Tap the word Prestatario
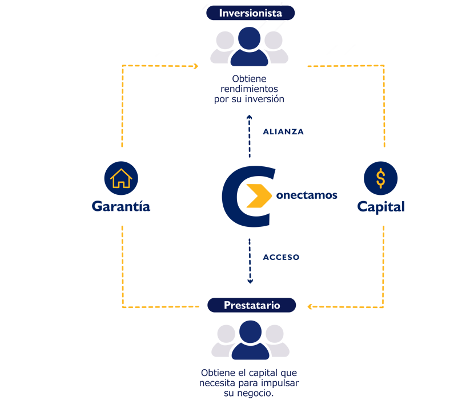(252, 305)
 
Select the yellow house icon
(120, 178)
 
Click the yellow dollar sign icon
(380, 178)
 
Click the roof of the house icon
(120, 173)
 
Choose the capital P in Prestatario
(227, 305)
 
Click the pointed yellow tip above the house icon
(121, 150)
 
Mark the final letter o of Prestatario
(277, 306)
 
